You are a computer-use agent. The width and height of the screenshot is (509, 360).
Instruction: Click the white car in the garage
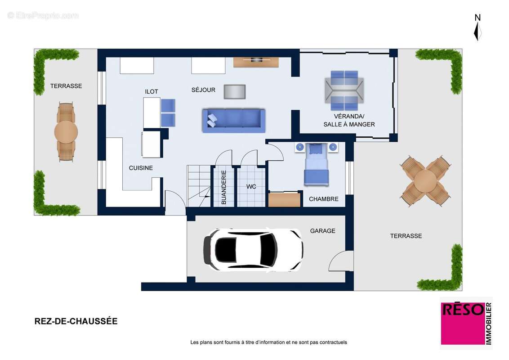[253, 250]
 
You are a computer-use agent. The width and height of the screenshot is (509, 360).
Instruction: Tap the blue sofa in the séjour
[234, 121]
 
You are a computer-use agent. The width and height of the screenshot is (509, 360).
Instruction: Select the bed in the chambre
[316, 165]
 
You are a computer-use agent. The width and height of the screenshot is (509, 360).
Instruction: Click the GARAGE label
[322, 231]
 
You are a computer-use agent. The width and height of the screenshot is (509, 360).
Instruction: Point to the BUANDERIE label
[223, 187]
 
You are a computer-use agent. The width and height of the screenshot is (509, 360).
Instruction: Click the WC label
[251, 186]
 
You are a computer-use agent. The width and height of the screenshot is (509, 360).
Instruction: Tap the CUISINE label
[141, 168]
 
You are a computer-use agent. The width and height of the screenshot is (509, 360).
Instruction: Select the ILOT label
[151, 92]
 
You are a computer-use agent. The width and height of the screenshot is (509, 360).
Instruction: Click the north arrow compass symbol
[478, 27]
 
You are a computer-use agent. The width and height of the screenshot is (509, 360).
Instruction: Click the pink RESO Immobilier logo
[466, 323]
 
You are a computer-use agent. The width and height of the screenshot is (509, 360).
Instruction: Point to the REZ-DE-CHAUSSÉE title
[76, 321]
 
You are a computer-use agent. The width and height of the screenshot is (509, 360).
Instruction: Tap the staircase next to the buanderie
[199, 186]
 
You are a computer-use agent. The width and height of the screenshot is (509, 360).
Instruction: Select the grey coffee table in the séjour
[234, 92]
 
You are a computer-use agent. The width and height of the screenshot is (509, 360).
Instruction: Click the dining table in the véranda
[344, 90]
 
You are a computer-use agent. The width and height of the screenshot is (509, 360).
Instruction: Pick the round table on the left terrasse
[66, 132]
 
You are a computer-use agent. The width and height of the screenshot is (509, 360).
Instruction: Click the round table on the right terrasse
[425, 181]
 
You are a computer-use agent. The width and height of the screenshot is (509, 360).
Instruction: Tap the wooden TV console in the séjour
[256, 62]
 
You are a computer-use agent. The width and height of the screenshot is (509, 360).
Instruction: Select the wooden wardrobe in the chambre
[284, 199]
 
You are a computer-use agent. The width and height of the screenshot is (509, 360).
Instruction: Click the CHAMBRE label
[323, 199]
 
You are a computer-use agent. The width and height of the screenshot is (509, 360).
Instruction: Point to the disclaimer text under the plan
[268, 342]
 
